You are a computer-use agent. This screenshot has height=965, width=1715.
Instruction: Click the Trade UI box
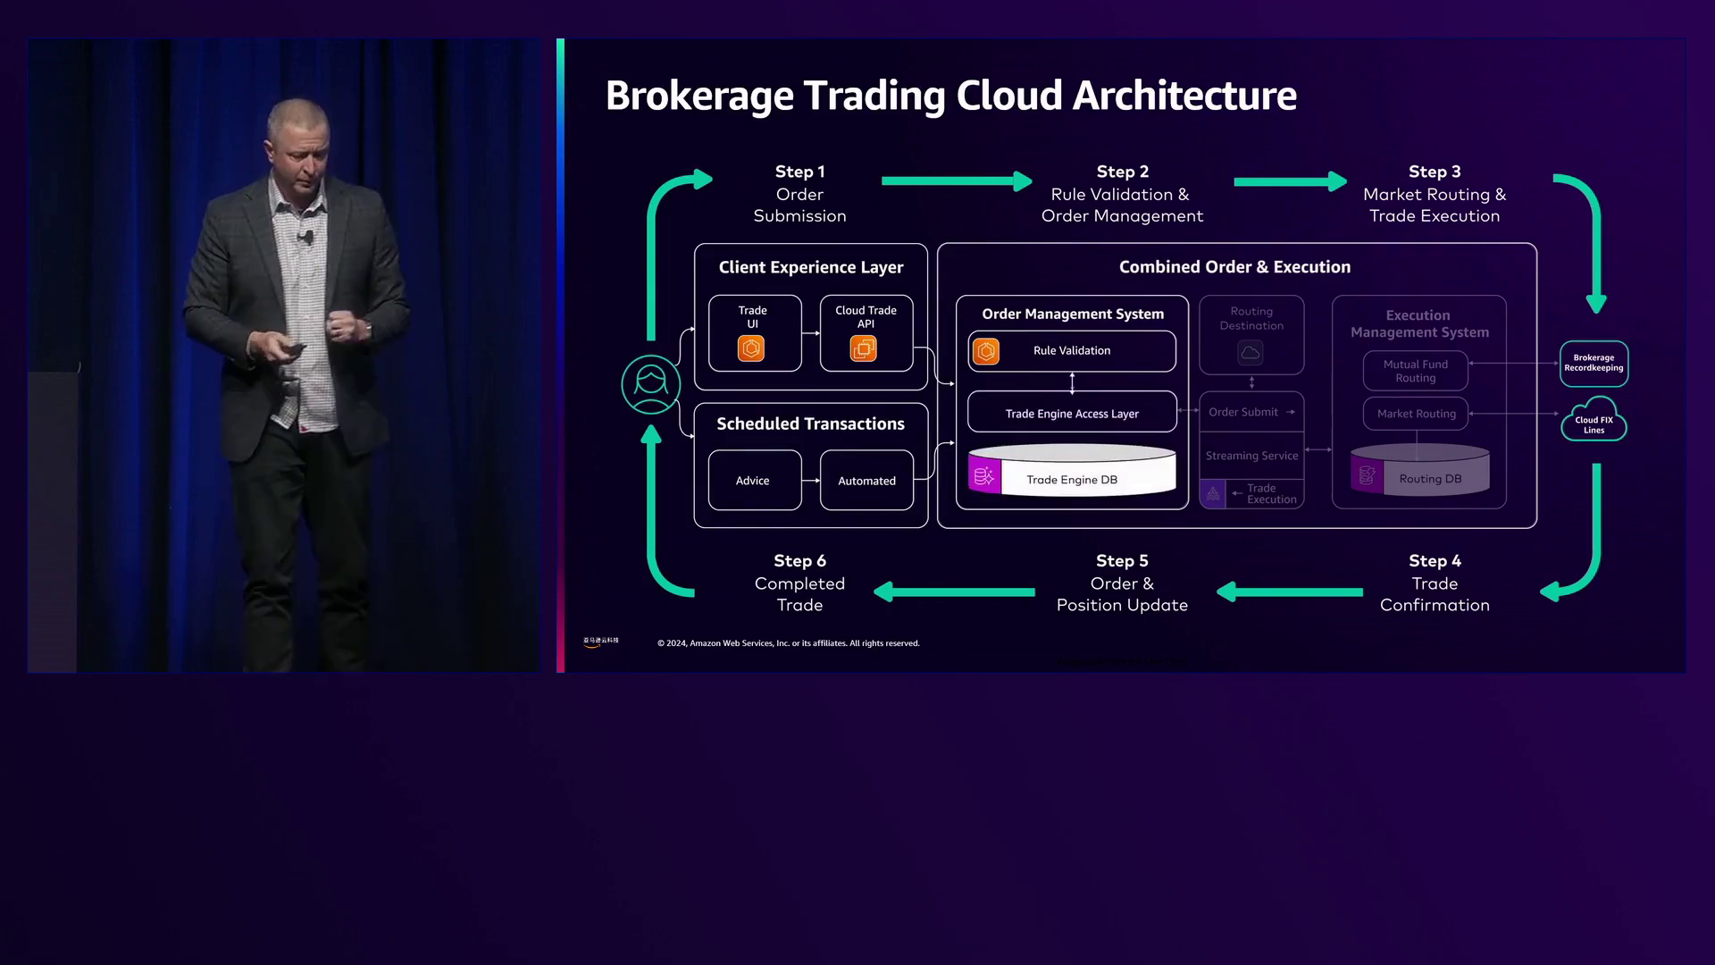pyautogui.click(x=755, y=333)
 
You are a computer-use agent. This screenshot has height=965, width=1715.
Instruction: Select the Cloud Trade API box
pyautogui.click(x=866, y=333)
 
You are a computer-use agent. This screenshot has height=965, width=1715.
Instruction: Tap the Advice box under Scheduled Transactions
pyautogui.click(x=755, y=481)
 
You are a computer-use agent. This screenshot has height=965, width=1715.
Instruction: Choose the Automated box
pyautogui.click(x=866, y=481)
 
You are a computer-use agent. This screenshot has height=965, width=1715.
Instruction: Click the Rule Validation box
pyautogui.click(x=1072, y=351)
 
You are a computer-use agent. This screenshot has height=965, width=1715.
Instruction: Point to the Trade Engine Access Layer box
pyautogui.click(x=1072, y=414)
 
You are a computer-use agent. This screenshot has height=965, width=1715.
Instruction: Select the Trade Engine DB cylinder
pyautogui.click(x=1072, y=472)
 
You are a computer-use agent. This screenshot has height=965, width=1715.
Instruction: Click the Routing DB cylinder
pyautogui.click(x=1420, y=471)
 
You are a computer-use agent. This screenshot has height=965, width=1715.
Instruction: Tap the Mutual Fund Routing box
pyautogui.click(x=1416, y=371)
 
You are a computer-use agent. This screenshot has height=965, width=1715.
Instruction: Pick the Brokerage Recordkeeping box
pyautogui.click(x=1594, y=364)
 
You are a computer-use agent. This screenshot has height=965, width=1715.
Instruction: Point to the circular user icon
pyautogui.click(x=651, y=385)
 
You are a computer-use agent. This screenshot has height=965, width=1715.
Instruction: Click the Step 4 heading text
pyautogui.click(x=1435, y=561)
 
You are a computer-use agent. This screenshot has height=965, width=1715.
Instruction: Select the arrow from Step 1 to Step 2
pyautogui.click(x=956, y=181)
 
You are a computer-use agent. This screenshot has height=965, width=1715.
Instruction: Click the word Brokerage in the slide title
pyautogui.click(x=699, y=96)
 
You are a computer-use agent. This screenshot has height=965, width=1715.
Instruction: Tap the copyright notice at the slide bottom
pyautogui.click(x=789, y=643)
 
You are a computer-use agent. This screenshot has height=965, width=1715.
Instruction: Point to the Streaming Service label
pyautogui.click(x=1251, y=456)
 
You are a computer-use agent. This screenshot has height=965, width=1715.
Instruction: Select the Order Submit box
pyautogui.click(x=1251, y=412)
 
